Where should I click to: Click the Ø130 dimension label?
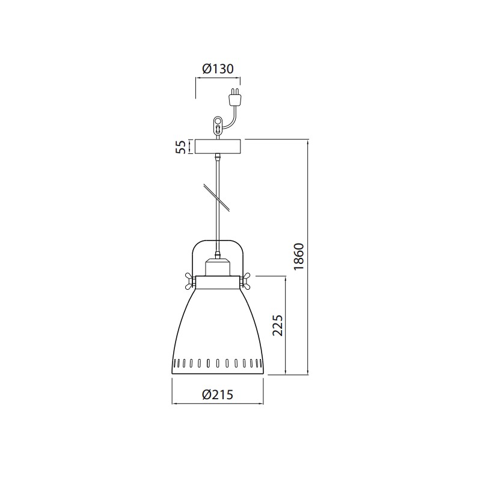[x=218, y=69]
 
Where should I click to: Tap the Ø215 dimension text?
[x=217, y=394]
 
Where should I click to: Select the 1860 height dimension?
[x=299, y=257]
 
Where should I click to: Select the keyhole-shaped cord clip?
[x=218, y=124]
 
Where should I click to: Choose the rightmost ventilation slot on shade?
[x=258, y=363]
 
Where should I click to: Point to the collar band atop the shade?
[x=217, y=281]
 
